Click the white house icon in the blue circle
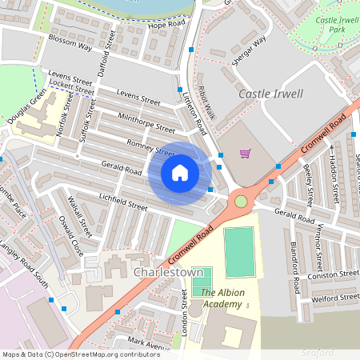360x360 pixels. (x=180, y=173)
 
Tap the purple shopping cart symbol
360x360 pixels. (x=245, y=154)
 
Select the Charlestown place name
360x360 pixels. (x=168, y=272)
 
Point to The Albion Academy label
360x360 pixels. (x=221, y=298)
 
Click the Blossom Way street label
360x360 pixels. (x=71, y=46)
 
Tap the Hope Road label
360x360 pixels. (x=166, y=25)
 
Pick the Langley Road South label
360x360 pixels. (x=23, y=263)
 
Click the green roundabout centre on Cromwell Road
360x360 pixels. (x=241, y=201)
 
